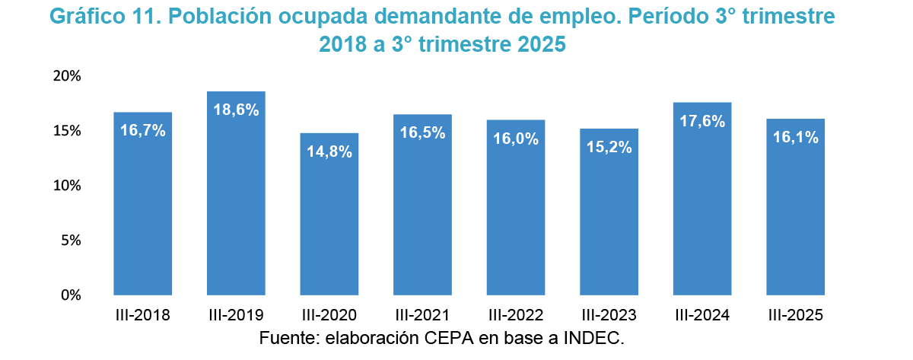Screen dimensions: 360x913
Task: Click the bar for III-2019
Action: (x=236, y=198)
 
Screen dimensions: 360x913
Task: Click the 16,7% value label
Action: (x=143, y=130)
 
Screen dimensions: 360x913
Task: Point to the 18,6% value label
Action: (x=236, y=110)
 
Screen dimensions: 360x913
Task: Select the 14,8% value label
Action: (x=329, y=151)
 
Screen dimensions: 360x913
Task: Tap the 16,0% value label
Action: (x=516, y=139)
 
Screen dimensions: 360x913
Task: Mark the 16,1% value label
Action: (x=796, y=138)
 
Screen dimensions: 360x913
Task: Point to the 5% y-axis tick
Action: (x=71, y=241)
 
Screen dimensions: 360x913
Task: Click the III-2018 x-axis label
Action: (x=143, y=315)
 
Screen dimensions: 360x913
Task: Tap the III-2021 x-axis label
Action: (x=422, y=315)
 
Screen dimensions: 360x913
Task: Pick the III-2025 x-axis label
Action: (x=796, y=315)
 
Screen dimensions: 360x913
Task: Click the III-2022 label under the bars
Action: (x=516, y=315)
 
